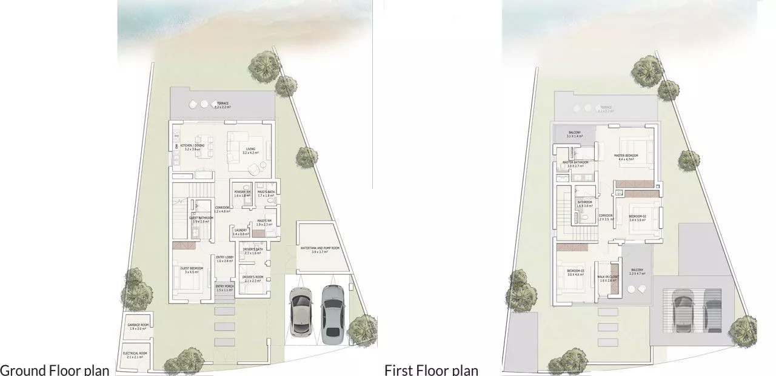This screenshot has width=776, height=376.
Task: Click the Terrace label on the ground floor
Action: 223,104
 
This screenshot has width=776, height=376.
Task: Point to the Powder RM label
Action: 242,193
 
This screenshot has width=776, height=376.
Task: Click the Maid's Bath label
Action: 266,193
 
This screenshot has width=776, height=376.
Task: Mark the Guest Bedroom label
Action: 192,269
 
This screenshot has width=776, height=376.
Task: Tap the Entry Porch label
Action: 224,288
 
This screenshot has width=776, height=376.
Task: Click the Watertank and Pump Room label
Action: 314,249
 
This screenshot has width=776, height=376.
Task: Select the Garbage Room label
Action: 138,327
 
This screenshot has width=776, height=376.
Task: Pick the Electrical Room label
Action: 135,355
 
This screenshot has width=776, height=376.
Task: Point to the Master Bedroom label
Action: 626,157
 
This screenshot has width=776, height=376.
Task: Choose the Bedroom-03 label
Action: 575,272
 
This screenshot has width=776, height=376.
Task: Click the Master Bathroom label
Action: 576,164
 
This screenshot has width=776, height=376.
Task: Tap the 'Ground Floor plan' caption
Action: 55,370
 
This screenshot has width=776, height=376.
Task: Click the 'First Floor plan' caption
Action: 431,370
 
